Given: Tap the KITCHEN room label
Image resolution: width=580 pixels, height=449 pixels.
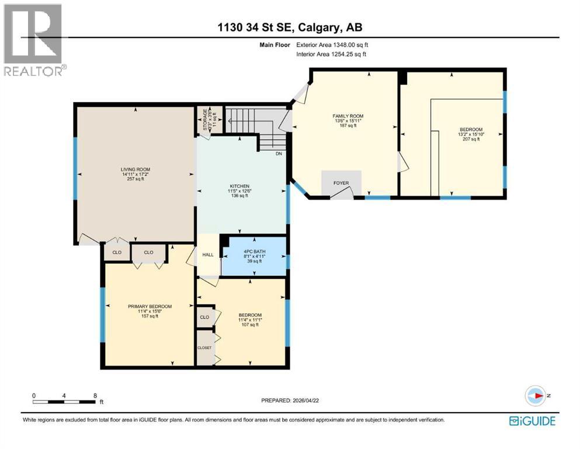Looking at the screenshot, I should (238, 186).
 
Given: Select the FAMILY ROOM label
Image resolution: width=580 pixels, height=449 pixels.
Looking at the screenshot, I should (348, 116).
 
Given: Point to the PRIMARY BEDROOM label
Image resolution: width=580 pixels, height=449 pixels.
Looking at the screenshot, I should (150, 306).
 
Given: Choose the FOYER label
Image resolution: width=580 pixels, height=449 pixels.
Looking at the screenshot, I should (341, 184).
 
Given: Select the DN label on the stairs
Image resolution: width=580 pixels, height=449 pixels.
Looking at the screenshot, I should (279, 154).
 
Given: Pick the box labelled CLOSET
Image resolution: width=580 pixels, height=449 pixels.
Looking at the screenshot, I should (204, 347).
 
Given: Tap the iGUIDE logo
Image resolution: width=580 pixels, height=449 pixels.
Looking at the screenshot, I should (532, 421).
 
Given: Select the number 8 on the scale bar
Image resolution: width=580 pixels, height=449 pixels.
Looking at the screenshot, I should (95, 395).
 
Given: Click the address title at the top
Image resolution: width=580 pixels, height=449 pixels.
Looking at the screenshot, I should (290, 27).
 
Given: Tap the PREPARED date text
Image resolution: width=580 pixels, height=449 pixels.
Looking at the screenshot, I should (290, 400).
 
